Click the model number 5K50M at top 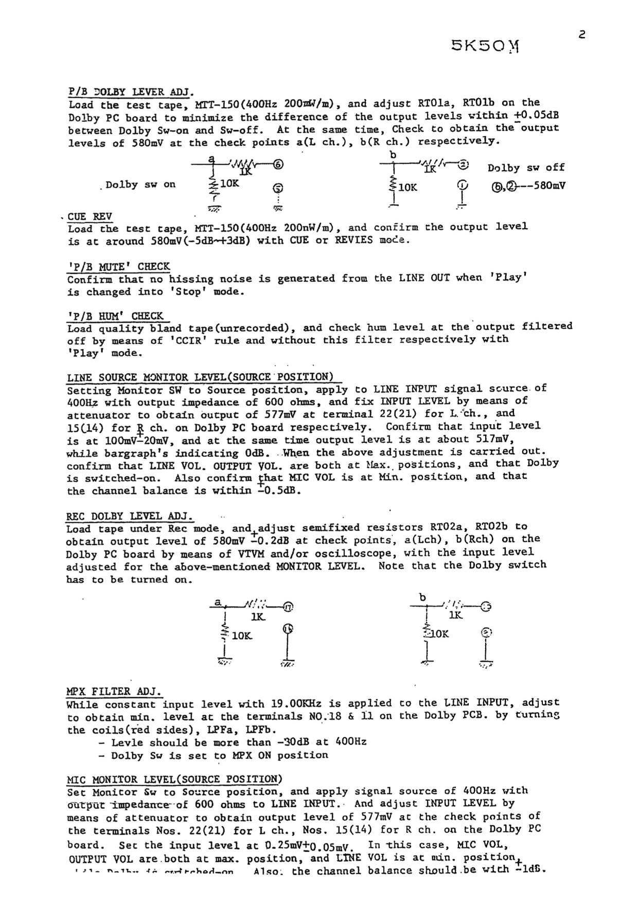(485, 46)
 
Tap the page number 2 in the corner (582, 35)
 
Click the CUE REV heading (90, 217)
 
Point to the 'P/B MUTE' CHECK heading (119, 267)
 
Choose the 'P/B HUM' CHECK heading (116, 316)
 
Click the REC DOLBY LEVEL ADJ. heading (130, 516)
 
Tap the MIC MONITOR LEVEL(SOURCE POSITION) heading (175, 780)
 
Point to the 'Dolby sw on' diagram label (140, 185)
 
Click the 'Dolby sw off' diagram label (526, 168)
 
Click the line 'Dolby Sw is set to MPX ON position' (220, 755)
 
